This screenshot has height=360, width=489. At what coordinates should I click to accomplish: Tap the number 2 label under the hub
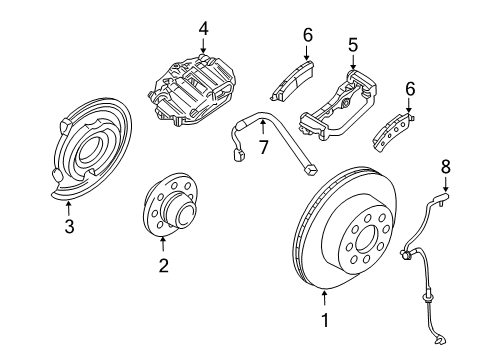click(163, 265)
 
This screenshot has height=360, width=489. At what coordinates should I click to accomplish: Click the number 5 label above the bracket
click(352, 46)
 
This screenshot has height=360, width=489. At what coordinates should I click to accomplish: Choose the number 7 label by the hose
click(263, 148)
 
